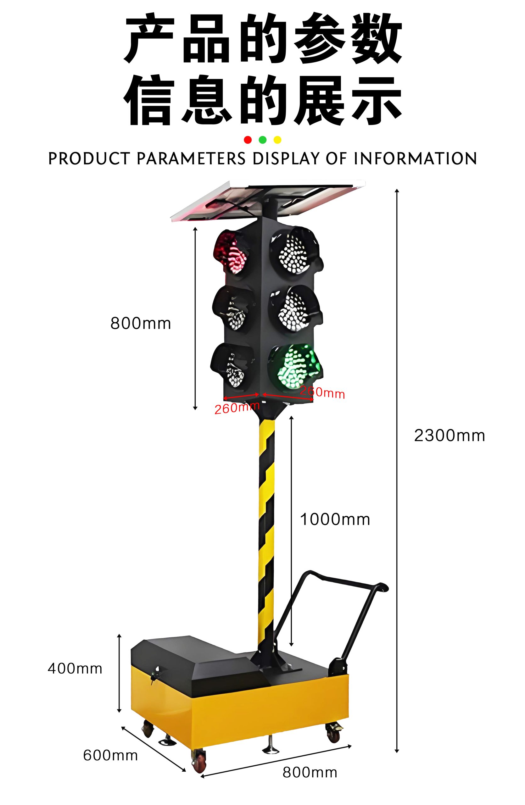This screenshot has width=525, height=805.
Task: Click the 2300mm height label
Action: [449, 436]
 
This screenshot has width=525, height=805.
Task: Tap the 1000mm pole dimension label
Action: [335, 519]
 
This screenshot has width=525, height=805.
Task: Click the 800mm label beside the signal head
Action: [141, 323]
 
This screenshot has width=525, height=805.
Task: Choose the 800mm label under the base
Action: [310, 773]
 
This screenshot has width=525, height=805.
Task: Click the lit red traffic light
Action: [232, 252]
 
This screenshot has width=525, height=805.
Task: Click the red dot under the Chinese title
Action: [248, 140]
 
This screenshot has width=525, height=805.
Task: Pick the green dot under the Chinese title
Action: [262, 140]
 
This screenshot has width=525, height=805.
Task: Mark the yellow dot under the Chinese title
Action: [277, 140]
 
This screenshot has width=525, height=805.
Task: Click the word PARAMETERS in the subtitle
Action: [191, 158]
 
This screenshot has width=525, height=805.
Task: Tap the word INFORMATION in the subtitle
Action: [416, 158]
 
